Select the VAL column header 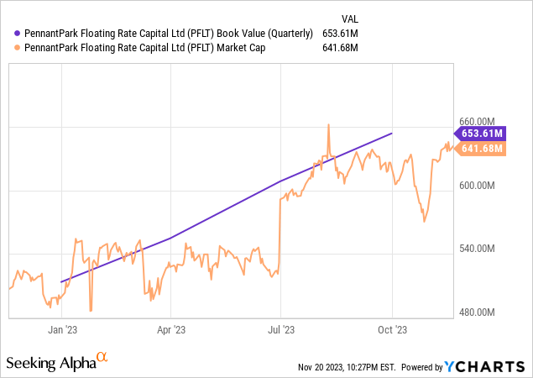pyautogui.click(x=348, y=18)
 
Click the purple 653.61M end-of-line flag pyautogui.click(x=481, y=133)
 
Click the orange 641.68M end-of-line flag pyautogui.click(x=481, y=149)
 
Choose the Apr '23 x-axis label pyautogui.click(x=170, y=329)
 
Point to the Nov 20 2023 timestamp pyautogui.click(x=347, y=367)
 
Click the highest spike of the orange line pyautogui.click(x=328, y=125)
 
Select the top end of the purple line pyautogui.click(x=392, y=133)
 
